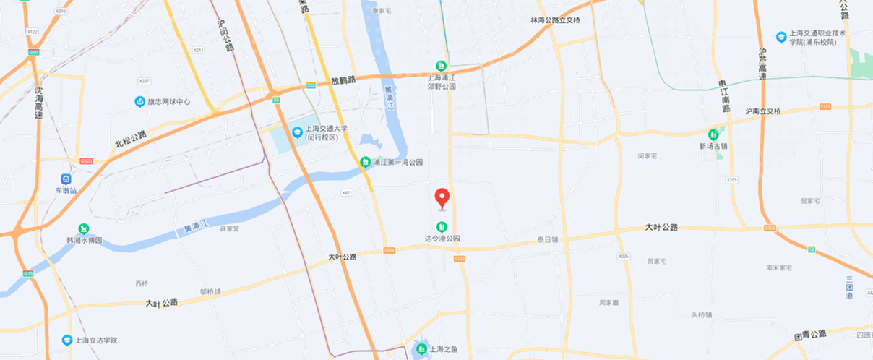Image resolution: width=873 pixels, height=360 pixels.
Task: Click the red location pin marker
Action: pos(442,197)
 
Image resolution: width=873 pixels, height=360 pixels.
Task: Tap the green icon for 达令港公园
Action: pos(442,226)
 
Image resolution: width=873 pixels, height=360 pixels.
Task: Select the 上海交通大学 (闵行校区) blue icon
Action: pos(297,132)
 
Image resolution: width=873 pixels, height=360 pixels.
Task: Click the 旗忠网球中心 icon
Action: pos(140,102)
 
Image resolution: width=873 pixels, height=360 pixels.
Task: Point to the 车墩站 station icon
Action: pos(66,179)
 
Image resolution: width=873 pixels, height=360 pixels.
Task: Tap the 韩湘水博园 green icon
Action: pos(84,229)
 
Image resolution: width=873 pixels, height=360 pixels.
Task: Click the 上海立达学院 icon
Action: pos(66,340)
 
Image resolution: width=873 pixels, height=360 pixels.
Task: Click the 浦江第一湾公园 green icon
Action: pos(366,162)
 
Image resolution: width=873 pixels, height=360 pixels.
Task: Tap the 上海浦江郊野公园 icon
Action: pos(431,67)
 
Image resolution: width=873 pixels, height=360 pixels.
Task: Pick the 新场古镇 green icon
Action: pos(713,134)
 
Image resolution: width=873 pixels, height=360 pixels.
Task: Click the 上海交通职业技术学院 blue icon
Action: pos(780,37)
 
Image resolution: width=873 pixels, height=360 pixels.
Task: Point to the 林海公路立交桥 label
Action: pos(556,20)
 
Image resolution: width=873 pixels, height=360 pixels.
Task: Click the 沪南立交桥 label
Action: pos(763,111)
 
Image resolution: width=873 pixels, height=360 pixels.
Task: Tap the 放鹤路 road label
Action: pos(344,81)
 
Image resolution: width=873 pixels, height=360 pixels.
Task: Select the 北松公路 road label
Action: pos(130,139)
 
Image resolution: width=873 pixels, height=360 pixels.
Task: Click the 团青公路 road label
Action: pos(809,335)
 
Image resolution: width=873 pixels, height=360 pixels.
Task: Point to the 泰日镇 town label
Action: pos(548,240)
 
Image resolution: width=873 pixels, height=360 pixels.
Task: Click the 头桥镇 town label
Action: pos(701,314)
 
